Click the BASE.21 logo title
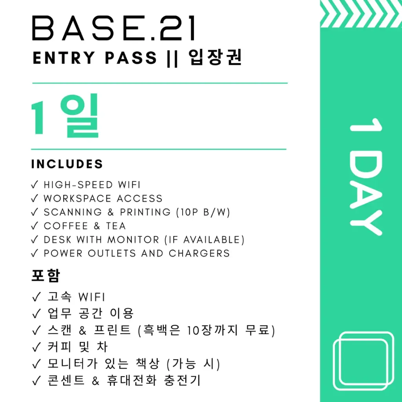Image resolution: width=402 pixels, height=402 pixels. [x=114, y=29]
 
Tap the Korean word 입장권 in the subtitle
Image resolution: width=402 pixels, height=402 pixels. [x=216, y=58]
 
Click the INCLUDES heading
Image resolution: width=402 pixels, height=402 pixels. [x=67, y=164]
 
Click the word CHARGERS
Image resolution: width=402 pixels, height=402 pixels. [x=199, y=253]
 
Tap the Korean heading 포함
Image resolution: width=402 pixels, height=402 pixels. [x=46, y=276]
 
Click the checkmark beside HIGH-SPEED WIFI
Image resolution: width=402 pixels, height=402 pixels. [x=35, y=185]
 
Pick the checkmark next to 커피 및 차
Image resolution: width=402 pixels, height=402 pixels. [x=36, y=347]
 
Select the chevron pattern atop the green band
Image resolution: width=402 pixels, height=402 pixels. [x=361, y=14]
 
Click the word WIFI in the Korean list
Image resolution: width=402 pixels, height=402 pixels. [x=91, y=297]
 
